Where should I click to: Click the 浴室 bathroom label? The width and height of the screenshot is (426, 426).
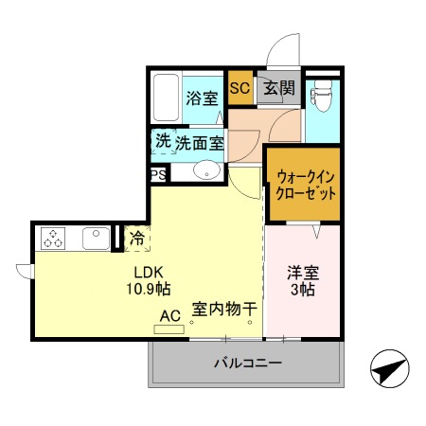(x=201, y=98)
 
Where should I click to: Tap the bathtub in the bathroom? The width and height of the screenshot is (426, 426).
(x=166, y=97)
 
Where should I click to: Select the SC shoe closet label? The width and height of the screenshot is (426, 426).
(x=240, y=89)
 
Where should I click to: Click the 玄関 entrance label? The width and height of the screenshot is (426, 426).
(x=279, y=89)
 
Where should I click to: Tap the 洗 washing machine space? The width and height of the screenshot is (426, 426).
(x=163, y=141)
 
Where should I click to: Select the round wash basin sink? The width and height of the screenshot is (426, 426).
(x=207, y=171)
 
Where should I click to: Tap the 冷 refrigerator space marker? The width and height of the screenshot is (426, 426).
(x=136, y=238)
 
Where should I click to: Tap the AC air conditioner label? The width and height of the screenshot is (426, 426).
(x=169, y=315)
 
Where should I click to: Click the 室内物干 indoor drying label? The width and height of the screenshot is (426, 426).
(x=225, y=309)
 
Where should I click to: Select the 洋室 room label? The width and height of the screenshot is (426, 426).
(x=304, y=273)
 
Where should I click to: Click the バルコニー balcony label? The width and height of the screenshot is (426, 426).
(x=246, y=363)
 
